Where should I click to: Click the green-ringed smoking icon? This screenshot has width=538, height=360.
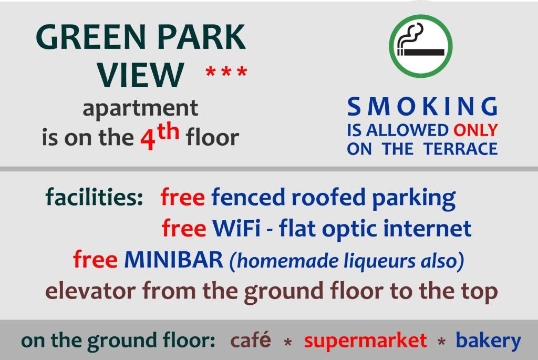coord(421,46)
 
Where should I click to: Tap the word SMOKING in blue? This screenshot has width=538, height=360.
coord(422,106)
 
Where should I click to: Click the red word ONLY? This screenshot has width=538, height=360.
coord(475,130)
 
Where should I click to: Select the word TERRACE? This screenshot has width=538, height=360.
coord(460,149)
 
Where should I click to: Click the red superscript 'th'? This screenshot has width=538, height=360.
coord(169,131)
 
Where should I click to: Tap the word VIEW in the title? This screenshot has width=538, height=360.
coord(140,75)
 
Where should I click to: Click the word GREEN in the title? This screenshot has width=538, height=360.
coord(91,37)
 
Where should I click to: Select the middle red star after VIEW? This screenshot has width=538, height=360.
coord(226,71)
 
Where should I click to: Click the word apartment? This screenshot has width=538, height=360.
coord(140,108)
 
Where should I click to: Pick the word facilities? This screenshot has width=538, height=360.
coord(95,197)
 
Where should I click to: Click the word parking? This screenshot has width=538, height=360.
coord(414,198)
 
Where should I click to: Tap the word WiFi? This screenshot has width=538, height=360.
coord(236,228)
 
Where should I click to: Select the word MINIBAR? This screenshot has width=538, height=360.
coord(173,259)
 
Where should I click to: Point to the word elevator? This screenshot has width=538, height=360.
coord(90,291)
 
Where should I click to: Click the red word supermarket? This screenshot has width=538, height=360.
coord(366,341)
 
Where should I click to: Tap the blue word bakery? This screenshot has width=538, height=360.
coord(488,341)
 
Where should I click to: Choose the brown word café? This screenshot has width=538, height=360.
coord(251,340)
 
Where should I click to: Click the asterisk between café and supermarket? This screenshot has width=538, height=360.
coord(288,342)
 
